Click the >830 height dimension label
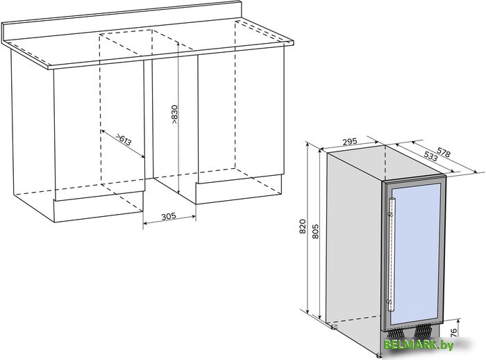(175, 115)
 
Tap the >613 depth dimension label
(124, 140)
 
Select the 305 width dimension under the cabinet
(169, 215)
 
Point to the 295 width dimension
(350, 142)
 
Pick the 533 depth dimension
(430, 156)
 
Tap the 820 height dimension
(303, 227)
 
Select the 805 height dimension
(315, 231)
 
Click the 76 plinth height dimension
(453, 332)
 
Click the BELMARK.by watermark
(419, 345)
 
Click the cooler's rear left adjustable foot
(334, 326)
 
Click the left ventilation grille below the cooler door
(395, 333)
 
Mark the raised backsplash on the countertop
(121, 22)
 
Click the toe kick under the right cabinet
(239, 189)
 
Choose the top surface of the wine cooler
(385, 163)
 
